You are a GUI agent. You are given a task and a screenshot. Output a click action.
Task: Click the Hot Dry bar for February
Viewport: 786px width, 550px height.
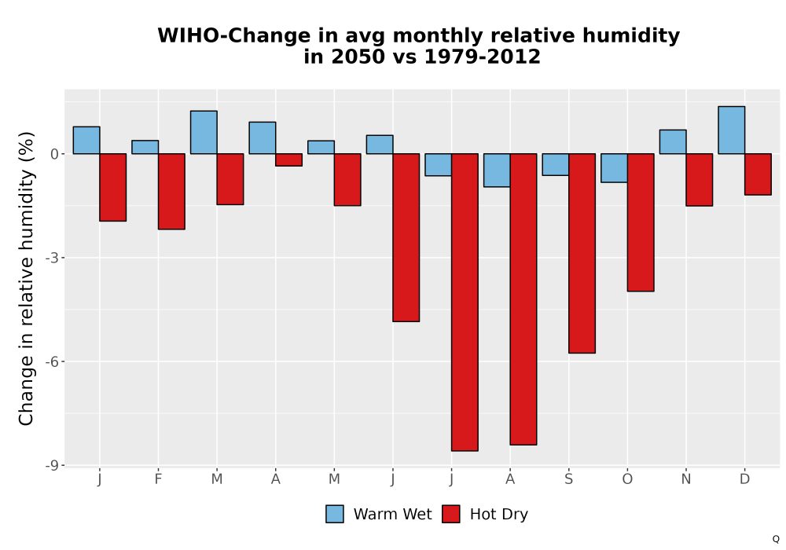(x=171, y=192)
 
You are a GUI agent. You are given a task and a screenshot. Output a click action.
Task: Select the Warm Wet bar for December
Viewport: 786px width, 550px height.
(x=731, y=130)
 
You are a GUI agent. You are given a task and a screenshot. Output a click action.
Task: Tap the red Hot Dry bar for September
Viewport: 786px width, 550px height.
(x=582, y=254)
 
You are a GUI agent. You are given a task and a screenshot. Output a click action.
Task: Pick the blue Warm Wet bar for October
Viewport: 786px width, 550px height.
(x=614, y=168)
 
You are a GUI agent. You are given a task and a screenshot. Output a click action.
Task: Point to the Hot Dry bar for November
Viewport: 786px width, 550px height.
(x=700, y=180)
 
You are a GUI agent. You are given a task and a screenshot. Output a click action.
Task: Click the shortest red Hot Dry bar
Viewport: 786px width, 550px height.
(x=288, y=159)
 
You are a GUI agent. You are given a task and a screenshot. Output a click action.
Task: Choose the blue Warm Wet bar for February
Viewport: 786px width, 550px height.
(x=145, y=147)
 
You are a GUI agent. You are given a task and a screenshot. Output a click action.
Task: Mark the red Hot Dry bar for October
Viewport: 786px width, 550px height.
(x=641, y=222)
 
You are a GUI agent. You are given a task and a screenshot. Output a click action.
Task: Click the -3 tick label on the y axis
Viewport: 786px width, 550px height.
(x=52, y=258)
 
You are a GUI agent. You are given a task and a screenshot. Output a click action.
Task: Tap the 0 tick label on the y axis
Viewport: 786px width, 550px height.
(x=55, y=154)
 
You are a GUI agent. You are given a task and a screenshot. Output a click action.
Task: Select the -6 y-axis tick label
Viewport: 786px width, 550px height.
(x=52, y=361)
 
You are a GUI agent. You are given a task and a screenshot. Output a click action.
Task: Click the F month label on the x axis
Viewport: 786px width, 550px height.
(x=159, y=479)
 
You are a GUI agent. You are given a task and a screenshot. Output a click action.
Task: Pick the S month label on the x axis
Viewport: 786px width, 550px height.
(x=568, y=479)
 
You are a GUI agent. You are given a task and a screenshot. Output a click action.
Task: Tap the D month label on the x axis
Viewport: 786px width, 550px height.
(x=745, y=479)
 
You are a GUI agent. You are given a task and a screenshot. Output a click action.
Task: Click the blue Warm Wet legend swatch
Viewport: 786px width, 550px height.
(x=335, y=514)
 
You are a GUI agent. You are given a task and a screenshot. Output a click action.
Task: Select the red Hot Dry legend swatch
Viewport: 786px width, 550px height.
(x=451, y=514)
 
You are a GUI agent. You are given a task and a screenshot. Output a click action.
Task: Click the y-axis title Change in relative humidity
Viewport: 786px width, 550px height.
(x=27, y=278)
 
